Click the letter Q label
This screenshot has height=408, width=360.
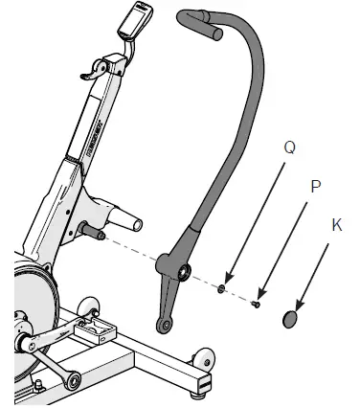(x=290, y=149)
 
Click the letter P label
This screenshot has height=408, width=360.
(x=312, y=186)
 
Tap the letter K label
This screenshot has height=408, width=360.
(x=336, y=225)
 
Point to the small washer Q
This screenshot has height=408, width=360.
(x=222, y=288)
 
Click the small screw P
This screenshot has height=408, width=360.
(x=257, y=305)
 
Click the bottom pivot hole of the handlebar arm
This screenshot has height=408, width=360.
(x=165, y=326)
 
